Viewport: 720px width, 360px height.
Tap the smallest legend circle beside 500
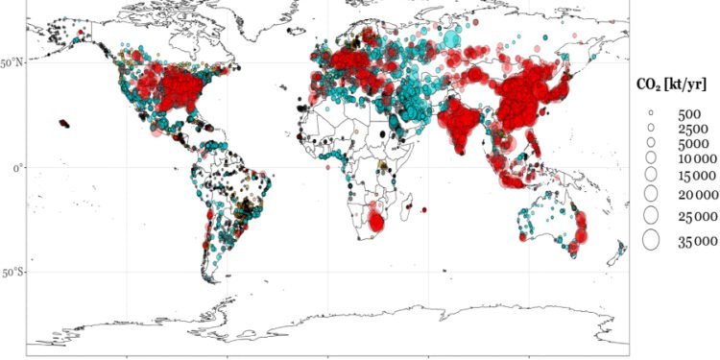pyautogui.click(x=650, y=112)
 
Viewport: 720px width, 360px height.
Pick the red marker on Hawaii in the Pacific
pyautogui.click(x=64, y=123)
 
